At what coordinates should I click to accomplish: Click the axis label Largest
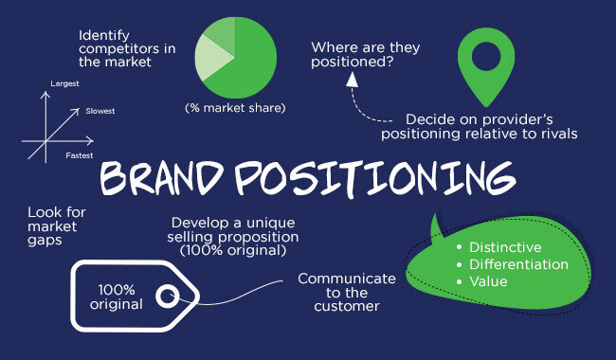point(64,84)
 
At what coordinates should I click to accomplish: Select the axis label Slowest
point(100,111)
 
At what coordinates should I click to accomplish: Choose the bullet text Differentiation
point(518,264)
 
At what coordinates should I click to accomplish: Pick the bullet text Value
point(488,281)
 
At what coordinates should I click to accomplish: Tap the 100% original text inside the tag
point(118,297)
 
